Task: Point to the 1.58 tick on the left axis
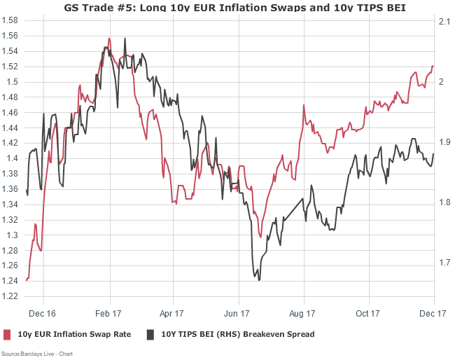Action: point(10,20)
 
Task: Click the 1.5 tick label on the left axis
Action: point(12,82)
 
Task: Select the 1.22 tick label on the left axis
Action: point(10,296)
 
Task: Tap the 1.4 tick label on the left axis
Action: point(12,158)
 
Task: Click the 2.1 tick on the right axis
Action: point(444,22)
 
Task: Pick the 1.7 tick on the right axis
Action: point(444,263)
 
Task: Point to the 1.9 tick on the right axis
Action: point(444,142)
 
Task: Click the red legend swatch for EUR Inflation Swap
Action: point(8,334)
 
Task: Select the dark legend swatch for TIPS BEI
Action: point(150,334)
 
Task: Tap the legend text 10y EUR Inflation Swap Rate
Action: point(74,334)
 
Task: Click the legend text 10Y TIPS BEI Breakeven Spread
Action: point(238,334)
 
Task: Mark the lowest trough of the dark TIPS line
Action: point(259,280)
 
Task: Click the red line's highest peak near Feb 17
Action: point(110,38)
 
